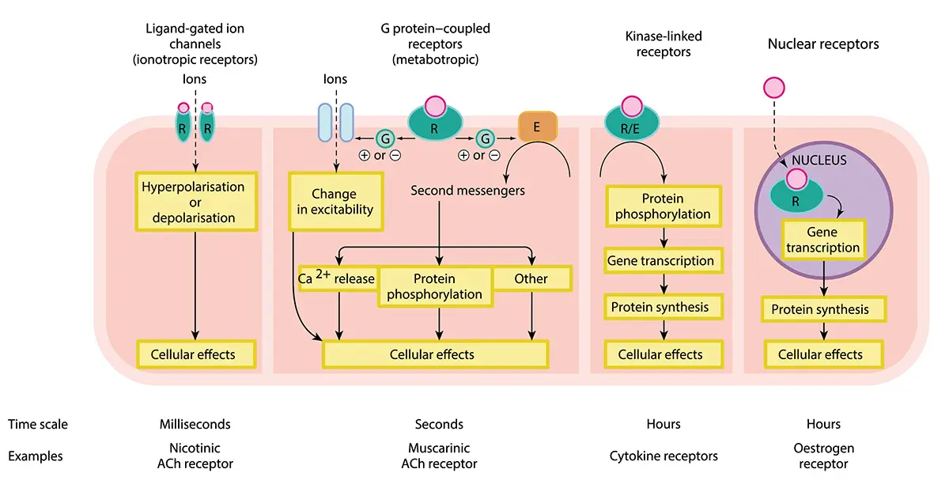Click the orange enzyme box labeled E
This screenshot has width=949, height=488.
pyautogui.click(x=538, y=126)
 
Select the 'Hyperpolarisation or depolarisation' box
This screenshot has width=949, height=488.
pyautogui.click(x=194, y=202)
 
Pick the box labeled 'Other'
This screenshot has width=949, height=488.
pyautogui.click(x=531, y=278)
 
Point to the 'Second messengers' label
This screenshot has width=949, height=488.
pyautogui.click(x=467, y=191)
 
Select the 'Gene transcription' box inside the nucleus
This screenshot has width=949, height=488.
pyautogui.click(x=822, y=240)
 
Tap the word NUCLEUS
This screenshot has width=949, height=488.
pyautogui.click(x=819, y=161)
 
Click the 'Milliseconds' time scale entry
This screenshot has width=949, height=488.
pyautogui.click(x=195, y=425)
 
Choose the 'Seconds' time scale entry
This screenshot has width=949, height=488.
pyautogui.click(x=439, y=425)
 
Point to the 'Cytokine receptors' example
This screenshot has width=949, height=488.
pyautogui.click(x=664, y=456)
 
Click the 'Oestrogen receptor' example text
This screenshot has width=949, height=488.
pyautogui.click(x=823, y=456)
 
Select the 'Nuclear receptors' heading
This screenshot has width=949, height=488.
pyautogui.click(x=823, y=44)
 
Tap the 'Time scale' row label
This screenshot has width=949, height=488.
pyautogui.click(x=38, y=425)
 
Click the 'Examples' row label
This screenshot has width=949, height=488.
pyautogui.click(x=36, y=456)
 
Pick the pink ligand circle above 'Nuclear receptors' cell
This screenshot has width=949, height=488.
pyautogui.click(x=774, y=88)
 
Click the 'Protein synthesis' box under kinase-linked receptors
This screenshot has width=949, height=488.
pyautogui.click(x=660, y=307)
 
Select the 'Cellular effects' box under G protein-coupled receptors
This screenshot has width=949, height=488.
pyautogui.click(x=434, y=354)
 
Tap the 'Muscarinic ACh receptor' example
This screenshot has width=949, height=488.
pyautogui.click(x=439, y=456)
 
